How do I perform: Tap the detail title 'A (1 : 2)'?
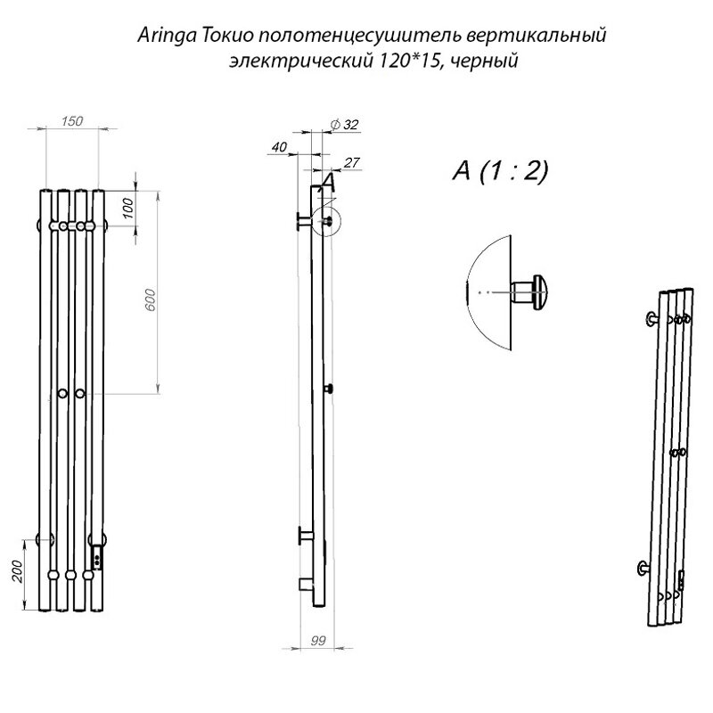[499, 172]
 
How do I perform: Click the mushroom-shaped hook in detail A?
[533, 291]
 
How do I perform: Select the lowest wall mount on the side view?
[305, 583]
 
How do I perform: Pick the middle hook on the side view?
[329, 389]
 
